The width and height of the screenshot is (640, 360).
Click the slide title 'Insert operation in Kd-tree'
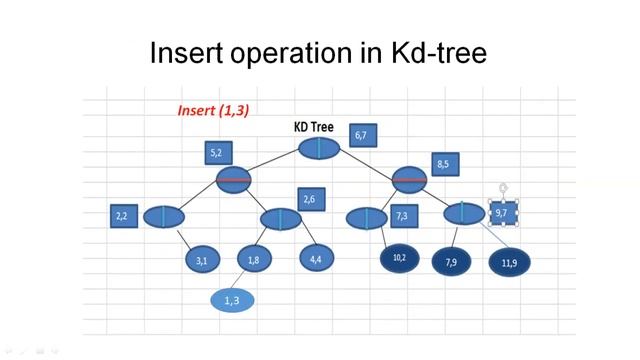coord(318,52)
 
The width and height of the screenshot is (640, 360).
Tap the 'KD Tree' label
coord(313,127)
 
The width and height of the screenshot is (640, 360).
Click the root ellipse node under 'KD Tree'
coord(320,148)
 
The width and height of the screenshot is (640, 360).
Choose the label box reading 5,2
coord(217,153)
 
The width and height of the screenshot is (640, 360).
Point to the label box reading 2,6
coord(310,200)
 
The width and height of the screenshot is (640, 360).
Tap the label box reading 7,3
coord(401,216)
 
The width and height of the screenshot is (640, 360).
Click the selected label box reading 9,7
coord(502,213)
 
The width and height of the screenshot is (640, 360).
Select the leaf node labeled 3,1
coord(202,260)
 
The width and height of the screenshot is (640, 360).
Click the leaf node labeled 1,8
coord(254,260)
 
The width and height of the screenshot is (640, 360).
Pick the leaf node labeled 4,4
coord(316,259)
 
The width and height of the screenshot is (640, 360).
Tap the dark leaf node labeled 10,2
coord(399,258)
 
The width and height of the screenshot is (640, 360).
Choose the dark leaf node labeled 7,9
coord(451,262)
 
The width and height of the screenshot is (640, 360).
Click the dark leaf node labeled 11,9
coord(509,262)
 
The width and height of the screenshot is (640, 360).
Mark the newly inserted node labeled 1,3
coord(232,300)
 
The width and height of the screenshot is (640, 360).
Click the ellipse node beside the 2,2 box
coord(164,216)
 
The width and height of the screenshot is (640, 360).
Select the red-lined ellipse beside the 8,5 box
coord(409,180)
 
